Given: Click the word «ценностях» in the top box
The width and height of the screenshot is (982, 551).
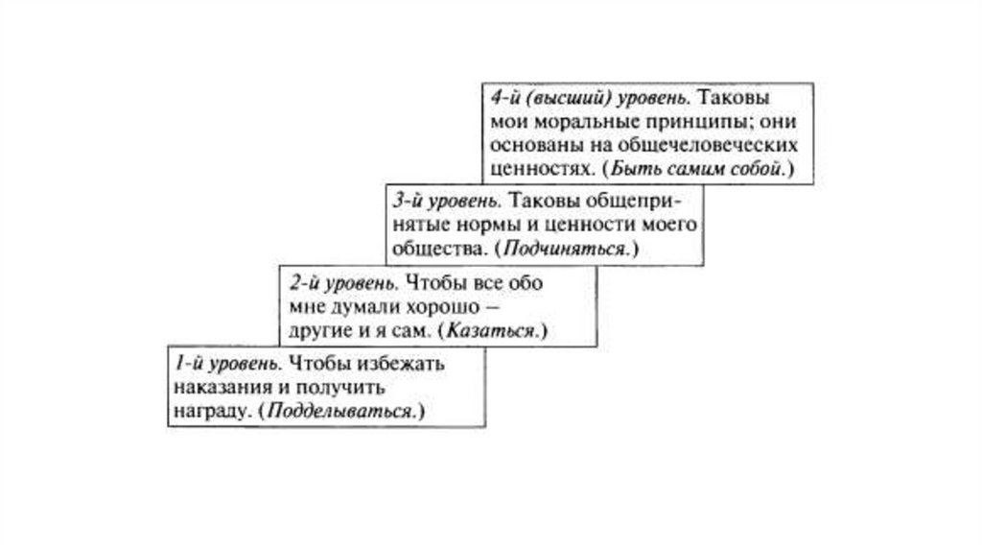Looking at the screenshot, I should pos(533,169).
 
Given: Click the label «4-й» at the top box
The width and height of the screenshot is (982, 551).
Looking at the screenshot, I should pos(502,100).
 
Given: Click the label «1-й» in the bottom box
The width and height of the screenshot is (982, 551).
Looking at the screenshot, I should pos(188,365).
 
